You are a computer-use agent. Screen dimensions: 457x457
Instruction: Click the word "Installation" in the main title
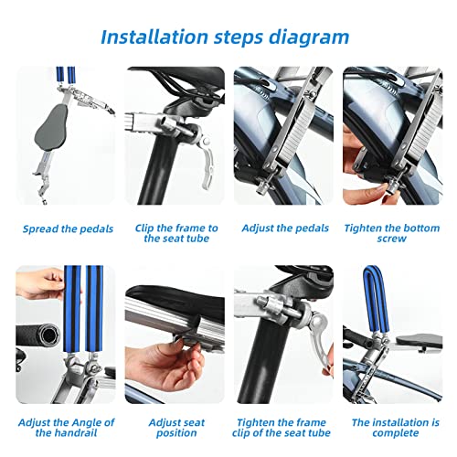pyautogui.click(x=154, y=37)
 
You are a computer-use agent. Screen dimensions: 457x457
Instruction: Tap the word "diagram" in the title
pyautogui.click(x=309, y=38)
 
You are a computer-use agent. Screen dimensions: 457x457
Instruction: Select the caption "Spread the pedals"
pyautogui.click(x=68, y=228)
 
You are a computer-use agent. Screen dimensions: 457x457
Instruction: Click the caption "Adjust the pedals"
pyautogui.click(x=285, y=228)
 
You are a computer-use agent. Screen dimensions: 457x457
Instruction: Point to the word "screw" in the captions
pyautogui.click(x=392, y=239)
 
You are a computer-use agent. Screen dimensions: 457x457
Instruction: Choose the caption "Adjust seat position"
pyautogui.click(x=176, y=428)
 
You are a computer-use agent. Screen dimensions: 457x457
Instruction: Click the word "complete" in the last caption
pyautogui.click(x=396, y=433)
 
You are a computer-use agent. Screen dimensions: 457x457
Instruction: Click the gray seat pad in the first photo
pyautogui.click(x=52, y=127)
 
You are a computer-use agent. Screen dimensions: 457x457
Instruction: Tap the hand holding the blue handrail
pyautogui.click(x=39, y=283)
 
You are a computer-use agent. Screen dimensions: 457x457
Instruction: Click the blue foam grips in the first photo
pyautogui.click(x=66, y=75)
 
